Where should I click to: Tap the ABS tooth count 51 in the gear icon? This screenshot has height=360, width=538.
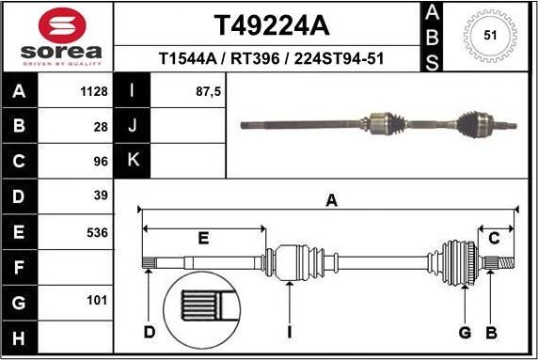coord(489,35)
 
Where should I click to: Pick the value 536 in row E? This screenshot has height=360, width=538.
coord(96,232)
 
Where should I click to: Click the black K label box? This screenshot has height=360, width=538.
coord(132,161)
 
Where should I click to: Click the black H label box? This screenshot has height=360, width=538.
coord(20,337)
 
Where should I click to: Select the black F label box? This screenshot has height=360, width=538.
coord(20,268)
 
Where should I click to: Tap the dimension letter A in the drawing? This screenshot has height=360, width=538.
coord(331,199)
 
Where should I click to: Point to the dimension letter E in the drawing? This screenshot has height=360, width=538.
coord(203,239)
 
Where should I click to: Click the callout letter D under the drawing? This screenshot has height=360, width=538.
coord(149,332)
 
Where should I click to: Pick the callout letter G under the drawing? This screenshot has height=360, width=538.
coord(464,332)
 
